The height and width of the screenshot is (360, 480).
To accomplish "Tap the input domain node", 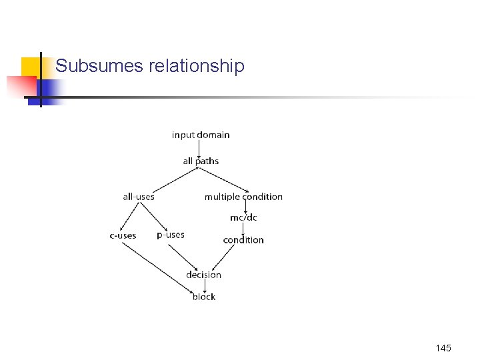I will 201,135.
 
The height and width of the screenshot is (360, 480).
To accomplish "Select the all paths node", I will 201,161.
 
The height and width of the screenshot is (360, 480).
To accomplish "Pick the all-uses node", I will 139,197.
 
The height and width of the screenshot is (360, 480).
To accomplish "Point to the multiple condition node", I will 243,197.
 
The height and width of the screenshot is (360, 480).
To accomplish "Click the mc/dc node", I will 243,217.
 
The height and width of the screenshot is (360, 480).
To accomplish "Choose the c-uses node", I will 123,235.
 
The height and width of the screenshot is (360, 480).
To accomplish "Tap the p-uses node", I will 171,235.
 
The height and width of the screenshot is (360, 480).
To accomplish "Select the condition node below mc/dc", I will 243,240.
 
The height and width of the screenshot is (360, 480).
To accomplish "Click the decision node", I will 203,275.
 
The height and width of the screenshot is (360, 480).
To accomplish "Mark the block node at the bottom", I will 203,297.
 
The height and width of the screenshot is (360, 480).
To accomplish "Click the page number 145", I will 443,348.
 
